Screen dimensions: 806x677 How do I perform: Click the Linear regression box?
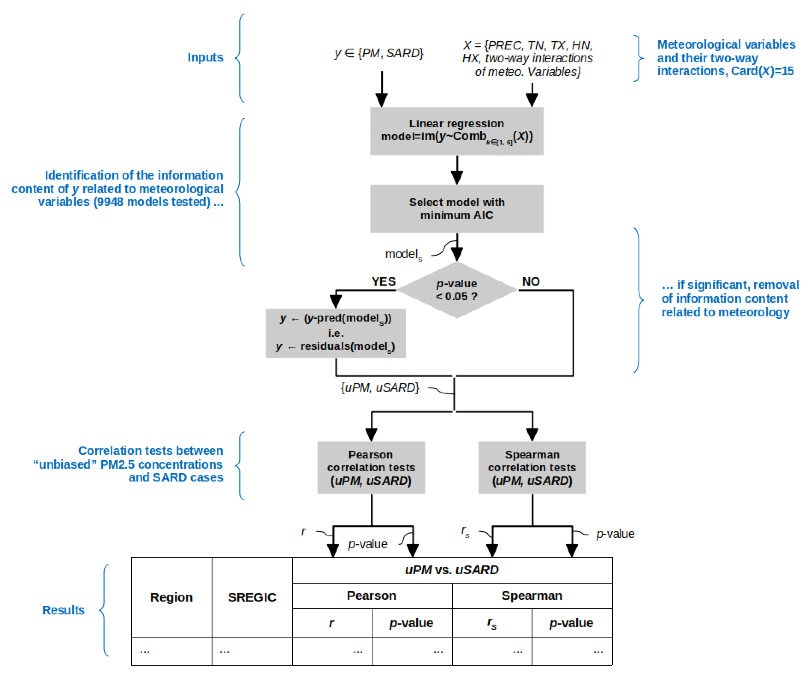click(456, 131)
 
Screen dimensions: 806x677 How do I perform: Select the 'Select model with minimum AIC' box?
click(456, 208)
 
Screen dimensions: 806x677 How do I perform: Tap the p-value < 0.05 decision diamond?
click(456, 290)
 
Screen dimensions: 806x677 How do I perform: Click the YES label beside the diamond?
click(383, 281)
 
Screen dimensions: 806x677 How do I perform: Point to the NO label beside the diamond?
click(531, 281)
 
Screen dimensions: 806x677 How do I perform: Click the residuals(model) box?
click(336, 333)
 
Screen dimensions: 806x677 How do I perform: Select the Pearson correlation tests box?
click(371, 467)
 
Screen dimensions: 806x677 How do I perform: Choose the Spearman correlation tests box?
click(532, 467)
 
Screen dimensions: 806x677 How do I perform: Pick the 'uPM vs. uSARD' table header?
click(452, 570)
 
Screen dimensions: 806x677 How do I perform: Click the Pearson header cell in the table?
click(372, 596)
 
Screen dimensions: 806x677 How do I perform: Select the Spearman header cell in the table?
click(532, 596)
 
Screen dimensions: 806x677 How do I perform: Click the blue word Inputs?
click(205, 57)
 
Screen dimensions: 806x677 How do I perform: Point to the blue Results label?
click(63, 610)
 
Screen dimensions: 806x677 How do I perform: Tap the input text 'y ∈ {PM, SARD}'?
click(379, 53)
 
